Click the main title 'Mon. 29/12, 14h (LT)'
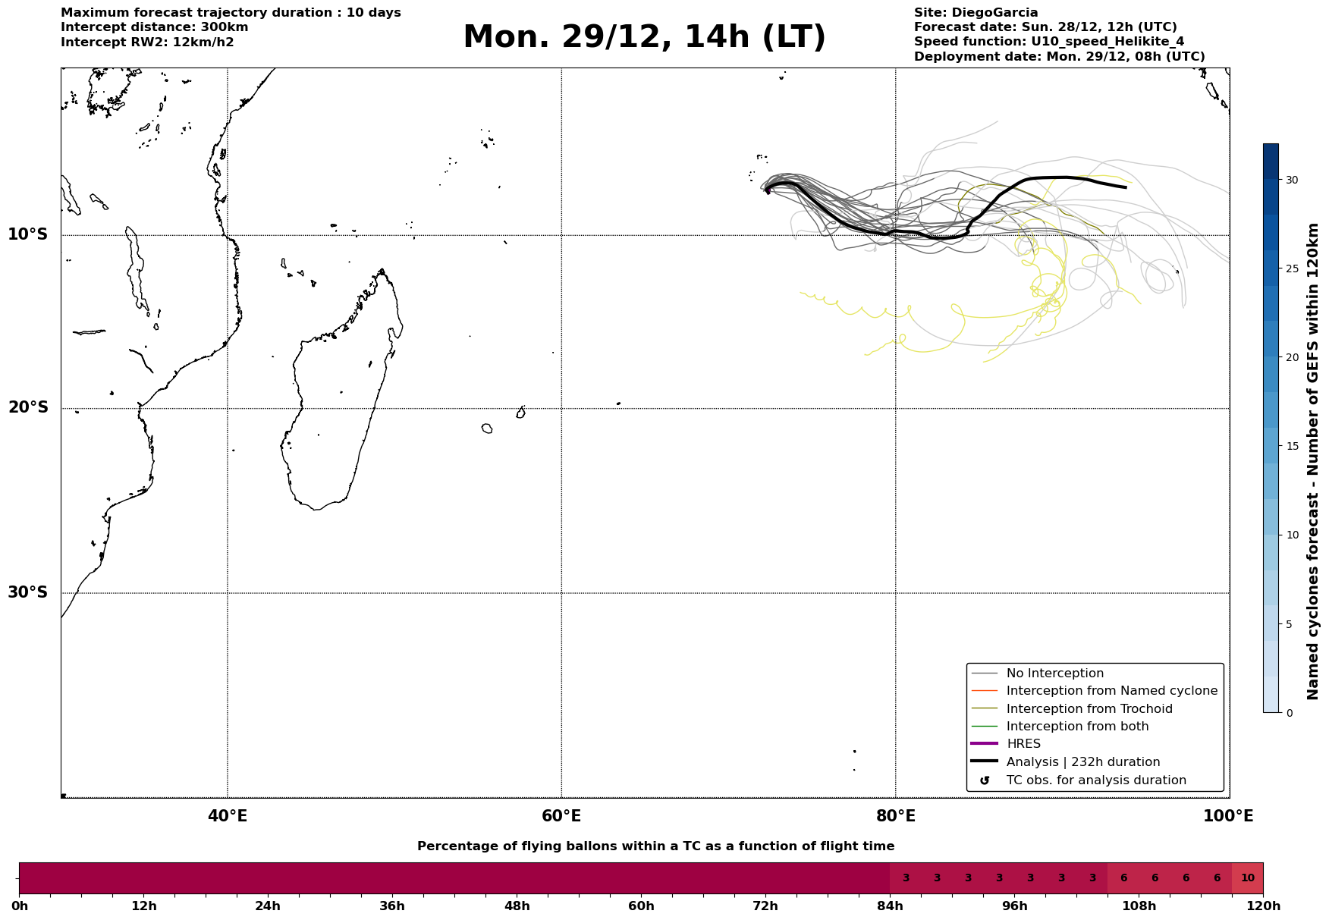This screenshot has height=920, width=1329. pos(644,37)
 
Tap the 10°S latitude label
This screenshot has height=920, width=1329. pos(28,234)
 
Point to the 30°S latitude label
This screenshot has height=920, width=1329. pos(28,592)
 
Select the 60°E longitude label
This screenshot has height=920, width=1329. pos(561,816)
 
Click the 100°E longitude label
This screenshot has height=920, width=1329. pos(1228,816)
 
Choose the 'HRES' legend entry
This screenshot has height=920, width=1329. pos(1023,744)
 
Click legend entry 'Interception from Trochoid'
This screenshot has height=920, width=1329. pos(1089,709)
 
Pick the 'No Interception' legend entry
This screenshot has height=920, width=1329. pos(1054,674)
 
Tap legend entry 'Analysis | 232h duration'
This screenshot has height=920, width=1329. pos(1082,762)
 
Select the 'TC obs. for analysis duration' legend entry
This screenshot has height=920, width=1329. pos(1095,780)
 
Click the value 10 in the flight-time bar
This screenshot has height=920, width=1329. pos(1247,878)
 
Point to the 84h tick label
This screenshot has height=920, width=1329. pos(890,906)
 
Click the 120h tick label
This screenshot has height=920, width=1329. pos(1263,906)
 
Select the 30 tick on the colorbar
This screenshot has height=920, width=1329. pos(1292,180)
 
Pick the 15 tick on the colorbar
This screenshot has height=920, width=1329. pos(1292,446)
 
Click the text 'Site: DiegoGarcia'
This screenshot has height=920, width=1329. pos(976,13)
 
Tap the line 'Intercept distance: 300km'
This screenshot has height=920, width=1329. pos(155,27)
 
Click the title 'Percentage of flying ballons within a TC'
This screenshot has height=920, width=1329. pos(655,846)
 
